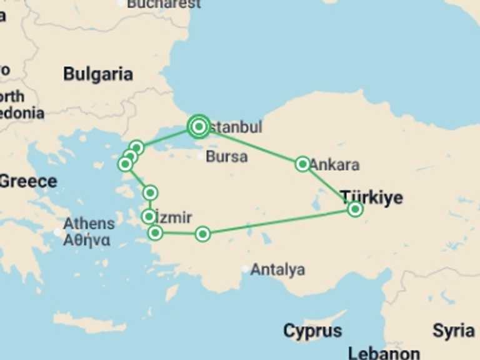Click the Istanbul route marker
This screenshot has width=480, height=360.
tap(199, 127)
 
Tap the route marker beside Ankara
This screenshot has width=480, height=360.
tap(302, 164)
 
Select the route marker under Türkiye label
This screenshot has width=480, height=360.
tap(355, 209)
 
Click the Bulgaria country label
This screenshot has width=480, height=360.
tap(98, 74)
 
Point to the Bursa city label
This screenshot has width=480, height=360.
tap(226, 156)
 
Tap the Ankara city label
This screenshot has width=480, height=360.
tap(335, 164)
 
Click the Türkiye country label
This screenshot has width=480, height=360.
tap(371, 197)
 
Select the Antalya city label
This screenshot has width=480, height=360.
tap(278, 269)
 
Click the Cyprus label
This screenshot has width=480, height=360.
tap(312, 330)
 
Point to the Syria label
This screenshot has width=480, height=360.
tap(453, 331)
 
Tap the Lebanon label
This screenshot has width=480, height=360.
tap(384, 352)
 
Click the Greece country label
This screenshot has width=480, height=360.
tap(28, 182)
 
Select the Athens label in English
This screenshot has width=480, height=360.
tap(89, 223)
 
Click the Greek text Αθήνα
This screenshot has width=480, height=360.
tap(87, 239)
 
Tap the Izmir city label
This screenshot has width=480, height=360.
tap(174, 217)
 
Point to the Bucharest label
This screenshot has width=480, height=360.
tap(164, 4)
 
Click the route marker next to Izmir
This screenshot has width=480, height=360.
tap(149, 217)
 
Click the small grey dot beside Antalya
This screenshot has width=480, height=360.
tap(246, 270)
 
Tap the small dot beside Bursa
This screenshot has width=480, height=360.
tap(200, 156)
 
